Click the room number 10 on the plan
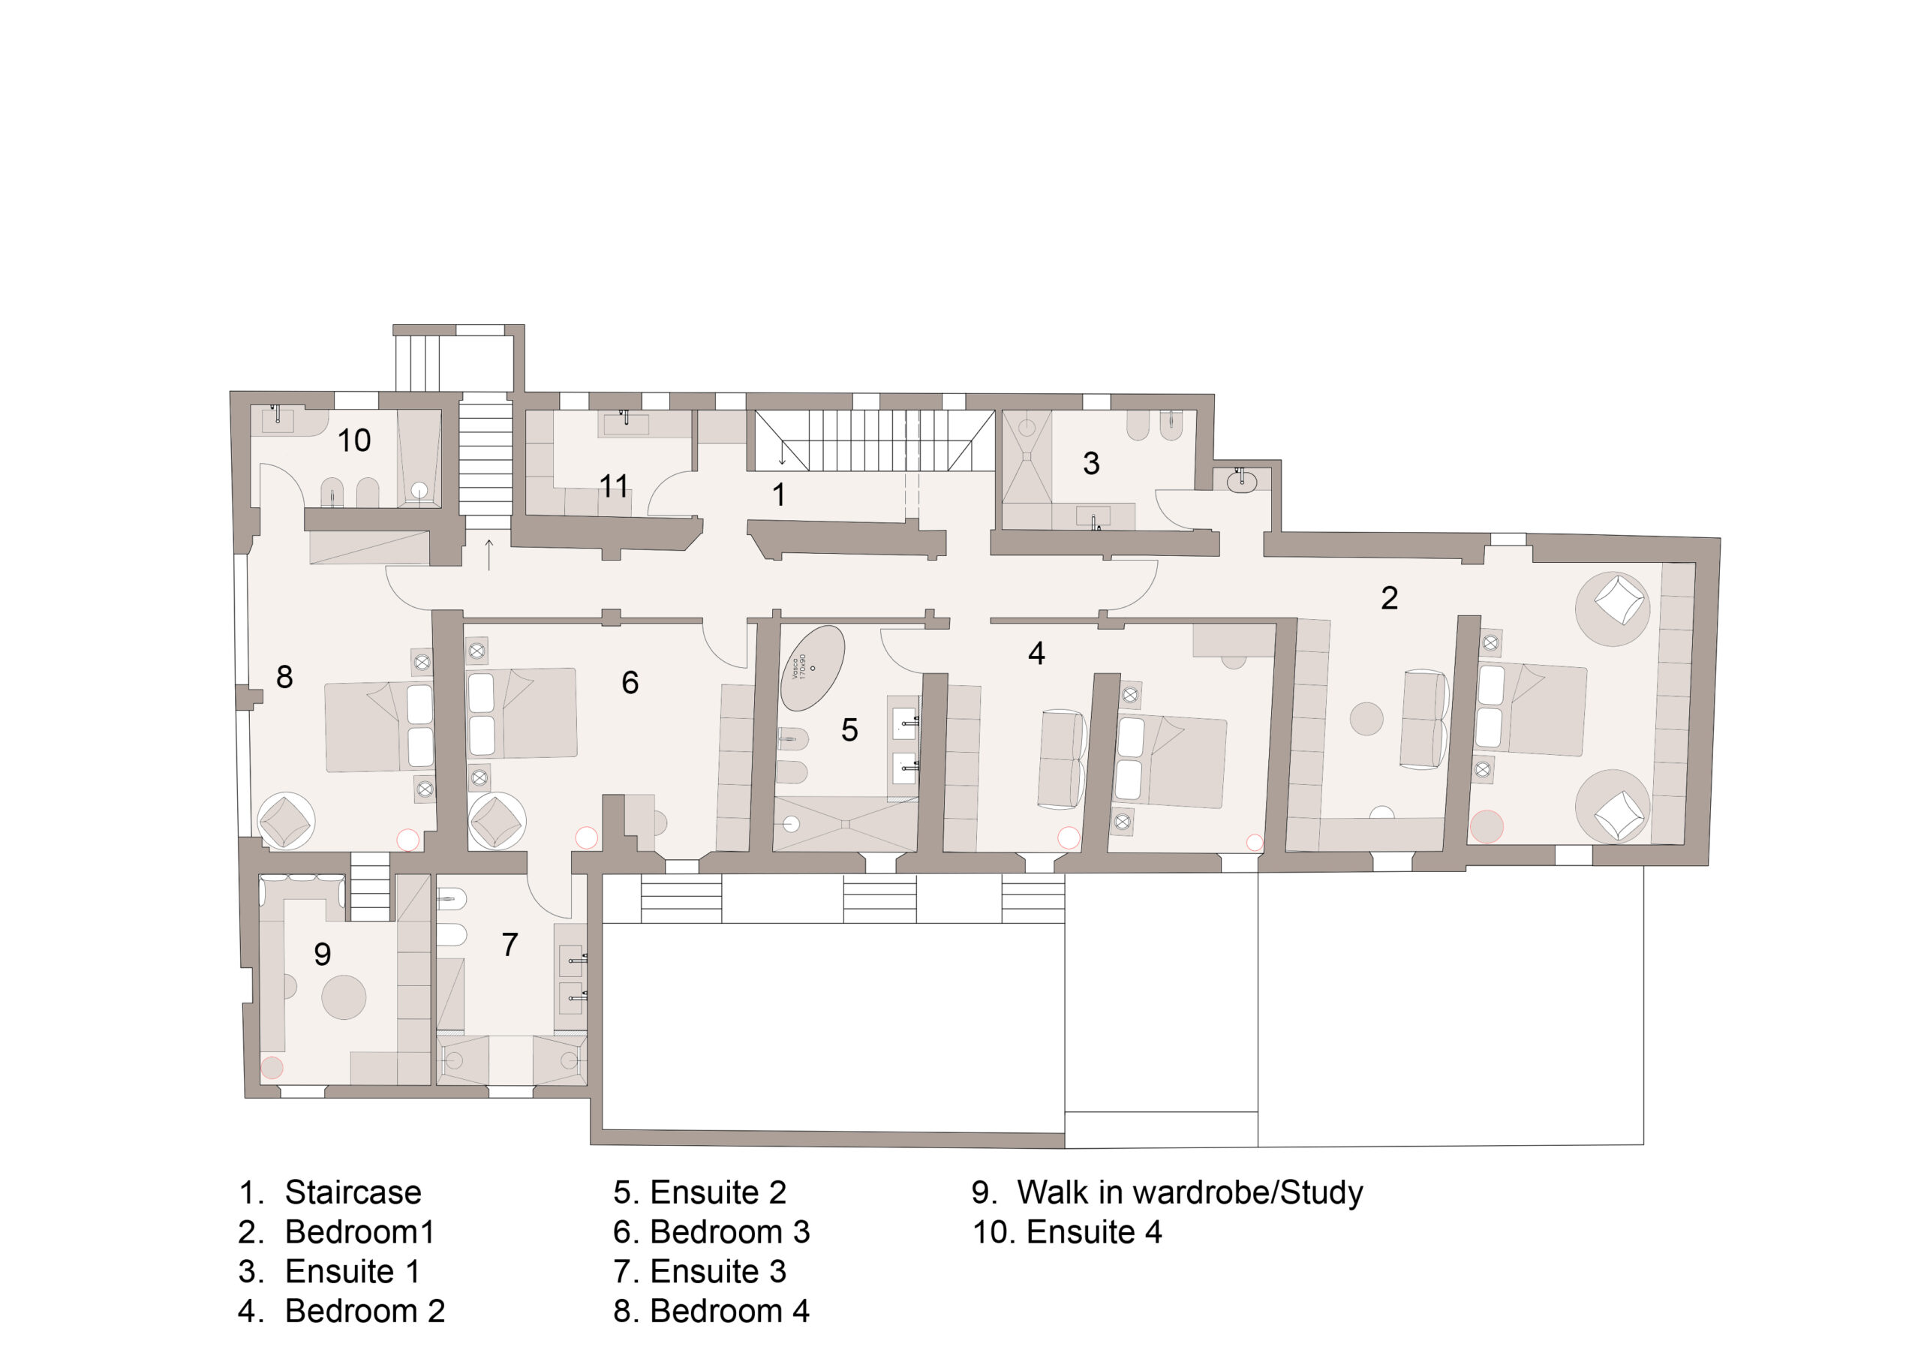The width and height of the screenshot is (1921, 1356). click(354, 440)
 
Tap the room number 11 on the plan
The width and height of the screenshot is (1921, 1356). click(613, 486)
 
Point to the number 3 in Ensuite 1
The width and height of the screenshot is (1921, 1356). click(1091, 464)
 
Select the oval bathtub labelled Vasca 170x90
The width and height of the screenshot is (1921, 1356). click(812, 669)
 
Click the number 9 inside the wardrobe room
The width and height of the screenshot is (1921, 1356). click(322, 954)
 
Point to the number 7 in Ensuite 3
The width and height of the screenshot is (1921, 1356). click(510, 945)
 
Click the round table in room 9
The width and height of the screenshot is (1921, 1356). click(343, 997)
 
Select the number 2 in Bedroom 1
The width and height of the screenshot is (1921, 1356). click(1389, 597)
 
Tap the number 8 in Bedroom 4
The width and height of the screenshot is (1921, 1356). click(284, 677)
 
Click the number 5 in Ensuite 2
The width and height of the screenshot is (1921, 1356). click(849, 730)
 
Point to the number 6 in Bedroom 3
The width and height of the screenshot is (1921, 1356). click(630, 683)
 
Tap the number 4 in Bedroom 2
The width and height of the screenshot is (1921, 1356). click(1036, 654)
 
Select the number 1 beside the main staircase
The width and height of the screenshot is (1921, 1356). click(779, 495)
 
